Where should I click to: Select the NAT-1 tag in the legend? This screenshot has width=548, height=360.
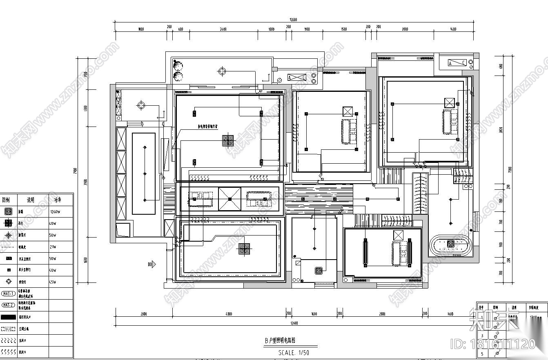[8, 293]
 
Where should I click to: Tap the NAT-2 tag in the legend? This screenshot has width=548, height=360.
[8, 305]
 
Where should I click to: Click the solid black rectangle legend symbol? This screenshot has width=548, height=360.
[8, 317]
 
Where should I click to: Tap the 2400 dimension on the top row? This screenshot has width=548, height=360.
[223, 29]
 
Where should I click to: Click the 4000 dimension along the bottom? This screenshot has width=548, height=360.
[229, 314]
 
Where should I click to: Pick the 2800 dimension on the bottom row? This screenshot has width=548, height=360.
[382, 314]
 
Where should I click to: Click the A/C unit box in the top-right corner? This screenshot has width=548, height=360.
[457, 63]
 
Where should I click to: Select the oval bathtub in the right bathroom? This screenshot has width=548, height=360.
[450, 244]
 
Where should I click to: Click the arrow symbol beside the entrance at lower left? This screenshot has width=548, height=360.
[152, 264]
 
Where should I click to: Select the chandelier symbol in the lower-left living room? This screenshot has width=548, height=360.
[244, 249]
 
